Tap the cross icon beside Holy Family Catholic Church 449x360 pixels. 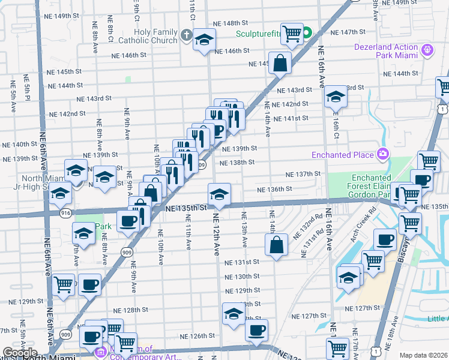(x=186, y=37)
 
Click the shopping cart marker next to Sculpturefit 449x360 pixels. (x=292, y=34)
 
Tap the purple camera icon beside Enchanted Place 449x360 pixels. (x=382, y=155)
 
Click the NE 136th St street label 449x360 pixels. (x=274, y=189)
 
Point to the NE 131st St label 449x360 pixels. (x=241, y=262)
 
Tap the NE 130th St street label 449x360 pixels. (x=243, y=277)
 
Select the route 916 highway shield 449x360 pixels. (x=65, y=212)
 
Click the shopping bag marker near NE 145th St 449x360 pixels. (x=280, y=62)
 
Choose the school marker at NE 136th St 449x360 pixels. (x=219, y=194)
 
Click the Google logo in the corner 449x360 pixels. (x=20, y=353)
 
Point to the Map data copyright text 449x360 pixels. (x=423, y=355)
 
